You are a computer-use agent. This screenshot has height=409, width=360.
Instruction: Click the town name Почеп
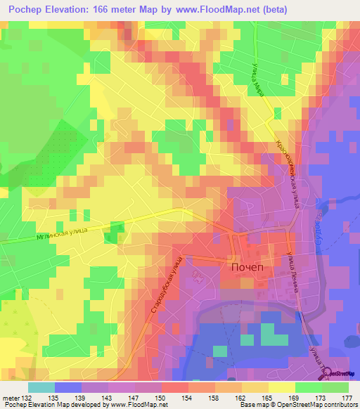(x=241, y=268)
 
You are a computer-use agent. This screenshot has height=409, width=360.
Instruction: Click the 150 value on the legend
(x=162, y=397)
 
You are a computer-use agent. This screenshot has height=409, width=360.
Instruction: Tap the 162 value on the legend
(x=241, y=397)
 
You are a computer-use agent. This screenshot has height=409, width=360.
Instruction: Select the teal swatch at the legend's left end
(x=41, y=387)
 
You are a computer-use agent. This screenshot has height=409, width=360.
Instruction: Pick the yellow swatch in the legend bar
(x=281, y=387)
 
